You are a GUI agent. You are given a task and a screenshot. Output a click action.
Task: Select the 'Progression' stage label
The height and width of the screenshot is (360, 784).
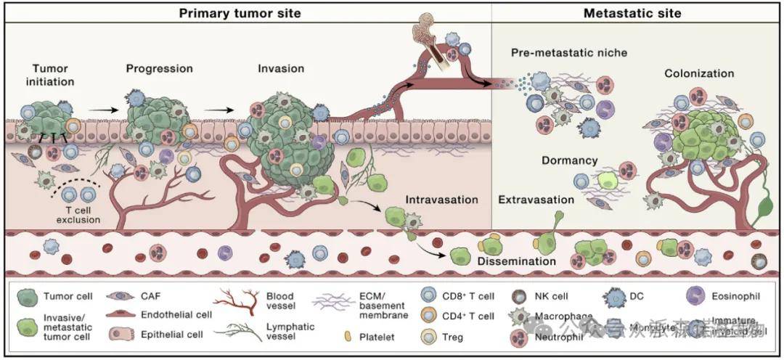pyautogui.click(x=160, y=69)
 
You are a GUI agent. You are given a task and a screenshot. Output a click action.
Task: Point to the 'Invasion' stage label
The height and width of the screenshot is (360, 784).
pyautogui.click(x=281, y=69)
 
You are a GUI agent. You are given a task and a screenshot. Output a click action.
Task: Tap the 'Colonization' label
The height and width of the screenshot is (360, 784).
pyautogui.click(x=699, y=73)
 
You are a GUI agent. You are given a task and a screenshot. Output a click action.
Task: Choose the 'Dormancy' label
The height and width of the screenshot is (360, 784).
pyautogui.click(x=569, y=160)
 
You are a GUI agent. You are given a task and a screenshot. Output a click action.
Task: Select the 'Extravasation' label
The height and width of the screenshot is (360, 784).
pyautogui.click(x=536, y=198)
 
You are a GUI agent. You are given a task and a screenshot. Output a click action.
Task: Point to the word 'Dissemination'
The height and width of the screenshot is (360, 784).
pyautogui.click(x=517, y=261)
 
